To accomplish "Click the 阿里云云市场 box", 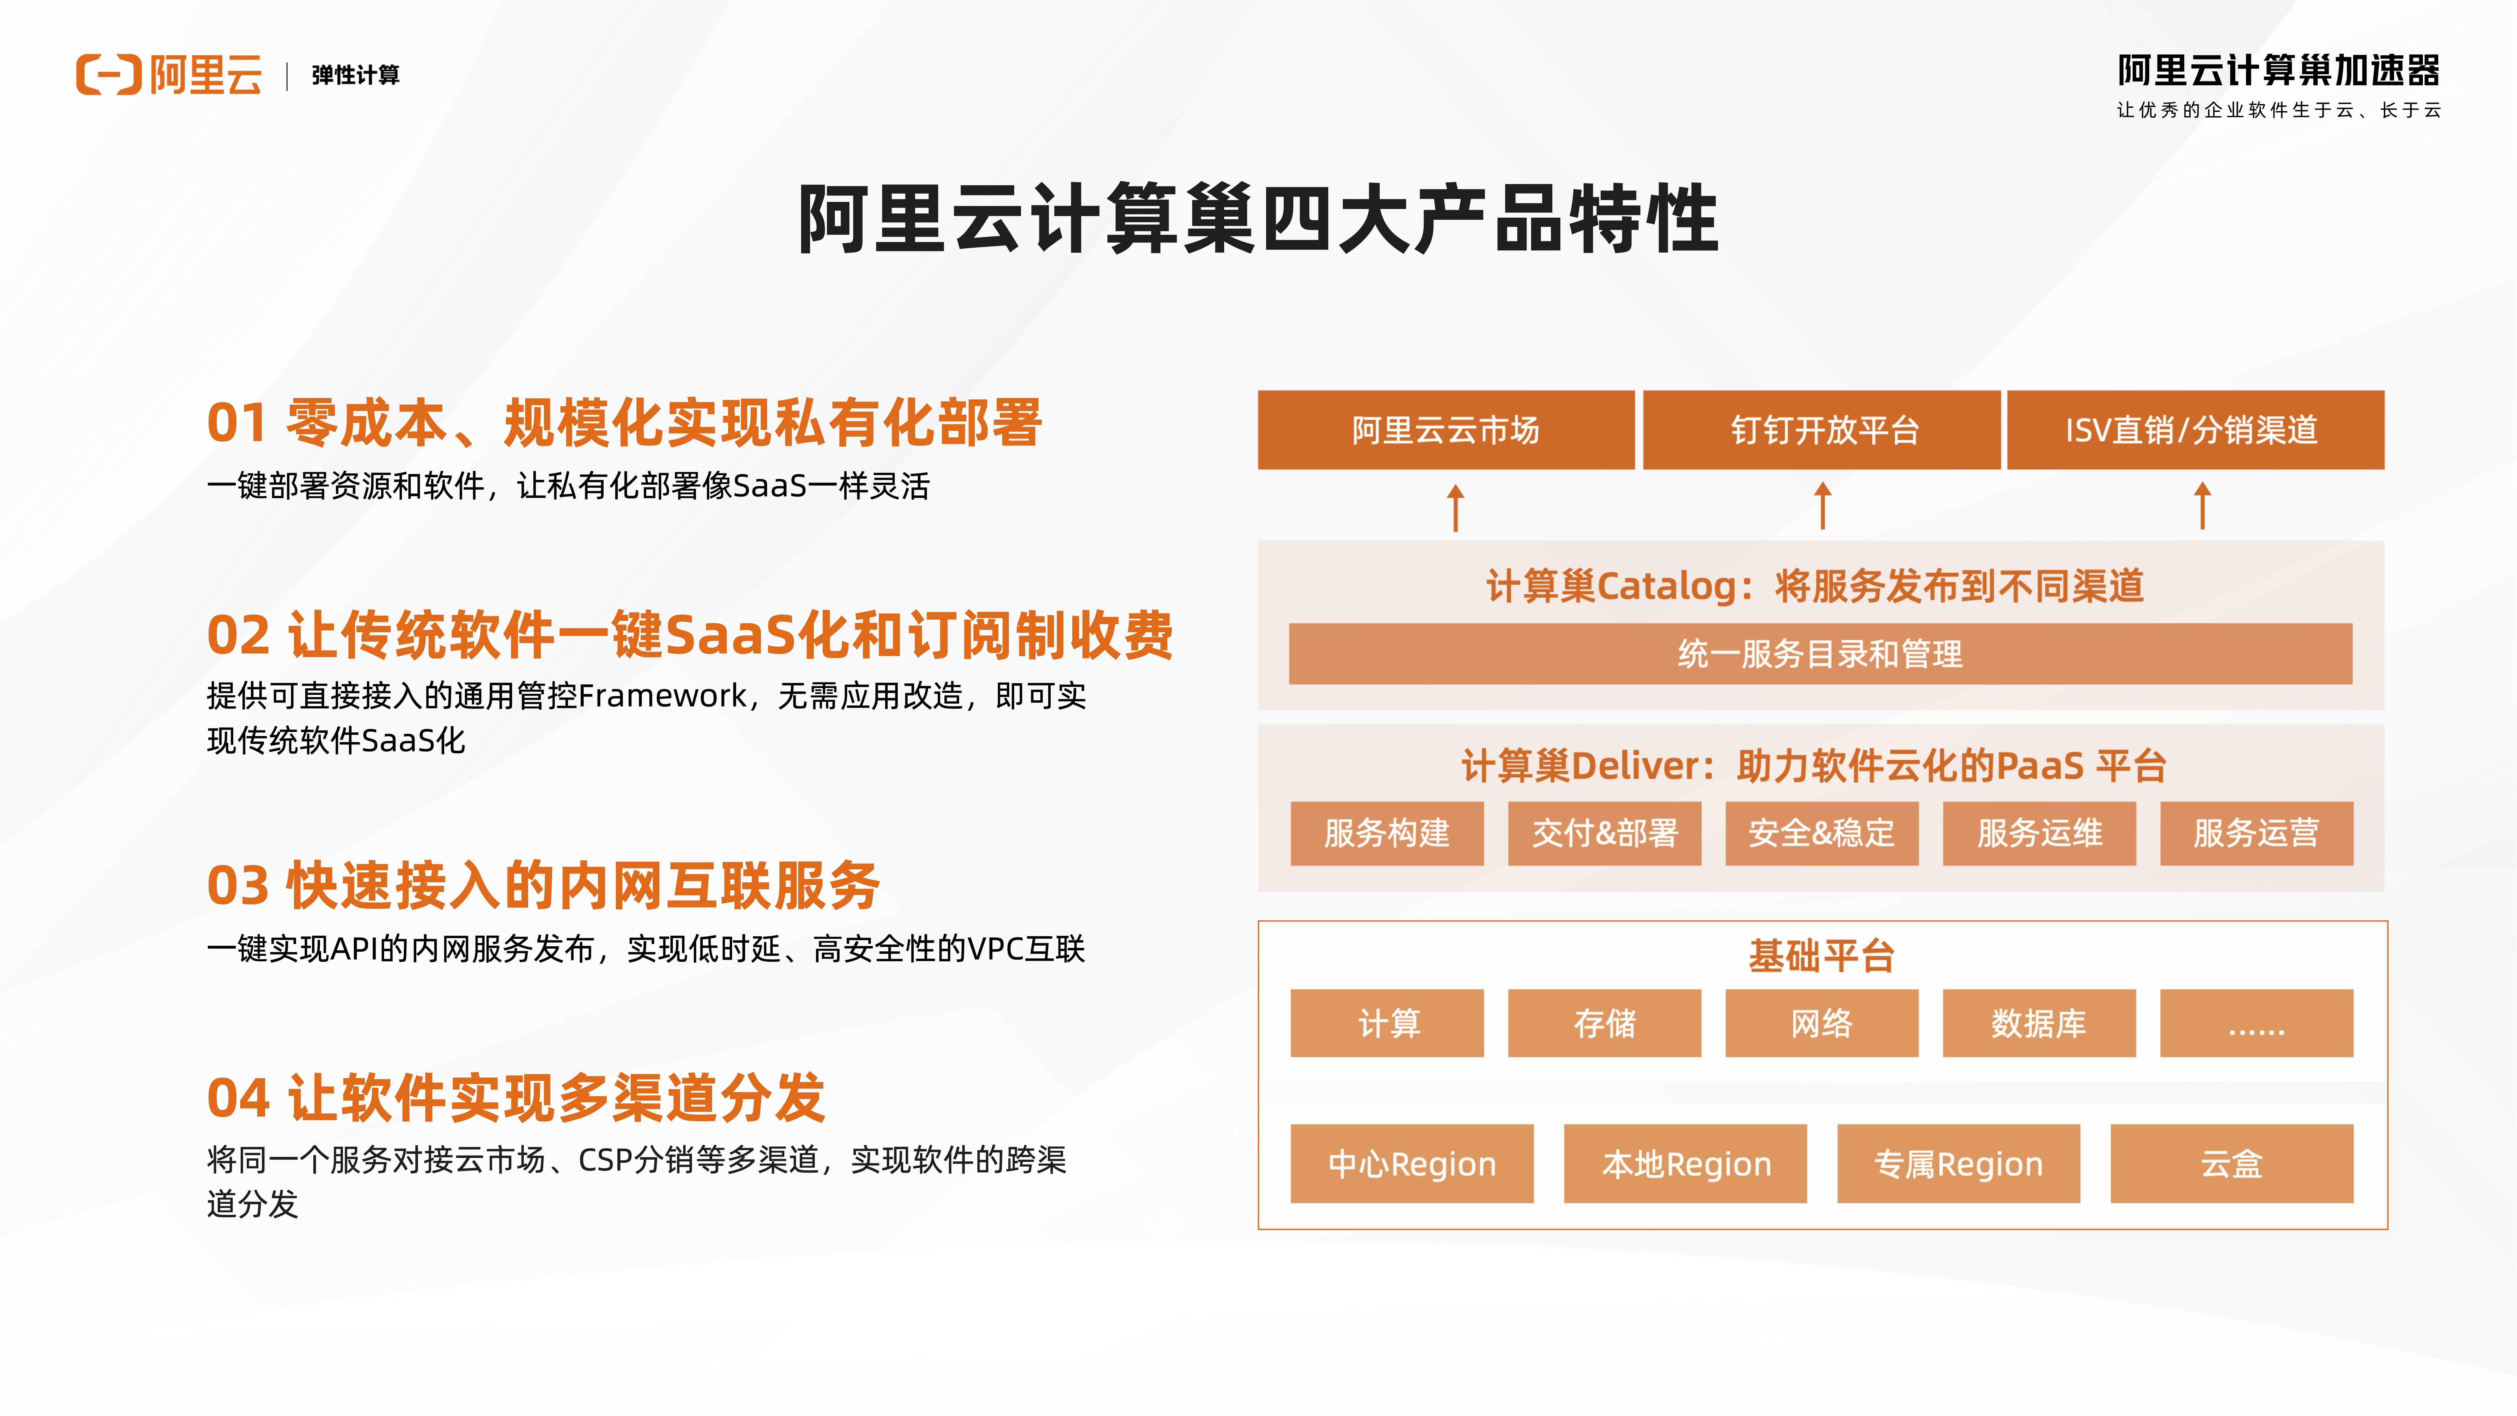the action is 1445,430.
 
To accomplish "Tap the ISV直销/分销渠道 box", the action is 2196,430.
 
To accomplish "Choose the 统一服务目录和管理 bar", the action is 1820,654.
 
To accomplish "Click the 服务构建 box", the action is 1386,834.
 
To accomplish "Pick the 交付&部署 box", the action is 1604,834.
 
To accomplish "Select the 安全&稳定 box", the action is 1821,834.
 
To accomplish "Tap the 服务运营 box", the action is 2256,834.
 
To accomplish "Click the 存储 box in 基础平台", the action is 1604,1023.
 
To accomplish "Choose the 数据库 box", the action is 2039,1023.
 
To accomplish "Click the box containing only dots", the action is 2256,1023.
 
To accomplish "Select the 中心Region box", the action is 1412,1163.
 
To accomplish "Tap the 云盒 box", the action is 2232,1163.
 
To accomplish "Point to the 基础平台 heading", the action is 1821,956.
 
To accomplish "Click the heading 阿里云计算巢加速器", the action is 2279,70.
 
